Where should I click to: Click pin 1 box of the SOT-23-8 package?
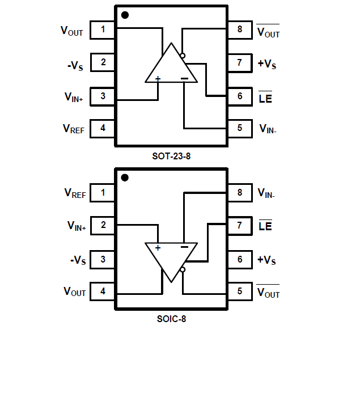pos(103,29)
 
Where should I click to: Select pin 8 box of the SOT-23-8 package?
pos(240,29)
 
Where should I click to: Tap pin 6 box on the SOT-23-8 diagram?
pos(240,96)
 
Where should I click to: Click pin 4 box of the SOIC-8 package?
pos(103,291)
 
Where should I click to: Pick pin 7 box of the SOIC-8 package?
pos(240,226)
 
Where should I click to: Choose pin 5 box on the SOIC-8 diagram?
pos(240,291)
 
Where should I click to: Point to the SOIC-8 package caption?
pos(171,319)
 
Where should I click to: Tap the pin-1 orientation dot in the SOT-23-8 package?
pos(125,15)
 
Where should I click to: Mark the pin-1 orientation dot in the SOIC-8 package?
pos(125,178)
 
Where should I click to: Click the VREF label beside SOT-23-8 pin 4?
pos(74,129)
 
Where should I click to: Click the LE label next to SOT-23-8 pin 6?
pos(265,98)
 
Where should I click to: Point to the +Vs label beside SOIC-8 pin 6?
pos(267,260)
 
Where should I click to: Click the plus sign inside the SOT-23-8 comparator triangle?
pos(158,79)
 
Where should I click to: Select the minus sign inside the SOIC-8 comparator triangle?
pos(184,247)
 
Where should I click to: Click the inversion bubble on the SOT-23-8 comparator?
pos(182,56)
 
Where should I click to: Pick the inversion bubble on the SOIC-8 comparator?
pos(183,271)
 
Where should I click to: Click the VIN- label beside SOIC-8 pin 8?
pos(266,193)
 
